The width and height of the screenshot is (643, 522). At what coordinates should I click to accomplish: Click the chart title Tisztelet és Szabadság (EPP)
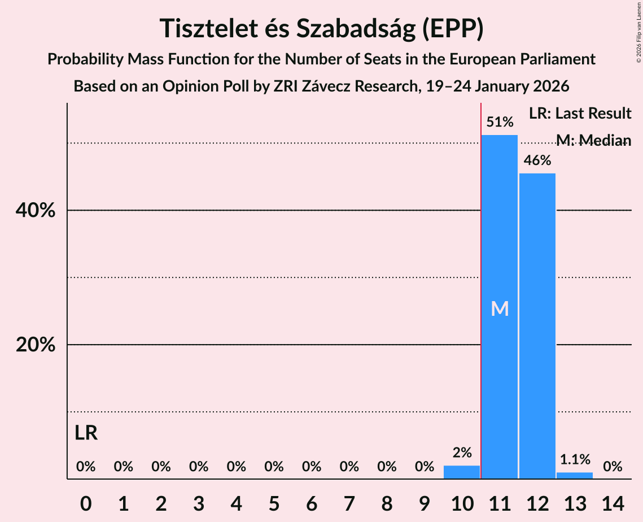pos(321,28)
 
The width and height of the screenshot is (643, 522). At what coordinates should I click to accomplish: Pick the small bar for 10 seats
pos(462,472)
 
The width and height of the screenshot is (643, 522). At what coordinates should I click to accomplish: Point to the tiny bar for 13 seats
pos(575,476)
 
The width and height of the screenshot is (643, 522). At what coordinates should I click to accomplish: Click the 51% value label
pos(500,122)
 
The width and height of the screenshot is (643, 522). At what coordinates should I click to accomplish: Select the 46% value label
pos(537,160)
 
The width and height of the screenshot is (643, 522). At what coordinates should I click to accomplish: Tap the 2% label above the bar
pos(462,452)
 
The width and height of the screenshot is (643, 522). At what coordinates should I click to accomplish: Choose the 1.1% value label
pos(575,459)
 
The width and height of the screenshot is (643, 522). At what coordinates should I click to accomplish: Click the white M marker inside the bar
pos(500,308)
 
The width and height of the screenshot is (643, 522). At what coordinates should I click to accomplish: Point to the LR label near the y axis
pos(86,433)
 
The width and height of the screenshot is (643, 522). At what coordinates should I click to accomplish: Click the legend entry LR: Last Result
pos(580,114)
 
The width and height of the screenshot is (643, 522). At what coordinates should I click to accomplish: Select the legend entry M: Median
pos(593,140)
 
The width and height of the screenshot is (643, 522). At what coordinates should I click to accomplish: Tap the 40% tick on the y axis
pos(35,211)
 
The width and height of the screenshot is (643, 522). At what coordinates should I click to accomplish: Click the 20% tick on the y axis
pos(35,345)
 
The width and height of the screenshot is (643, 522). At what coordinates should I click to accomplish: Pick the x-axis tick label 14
pos(613,502)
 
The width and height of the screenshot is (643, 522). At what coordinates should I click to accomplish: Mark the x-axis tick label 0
pos(86,502)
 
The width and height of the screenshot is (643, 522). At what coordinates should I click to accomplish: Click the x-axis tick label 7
pos(349,502)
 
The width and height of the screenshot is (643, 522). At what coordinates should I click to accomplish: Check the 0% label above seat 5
pos(274,467)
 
